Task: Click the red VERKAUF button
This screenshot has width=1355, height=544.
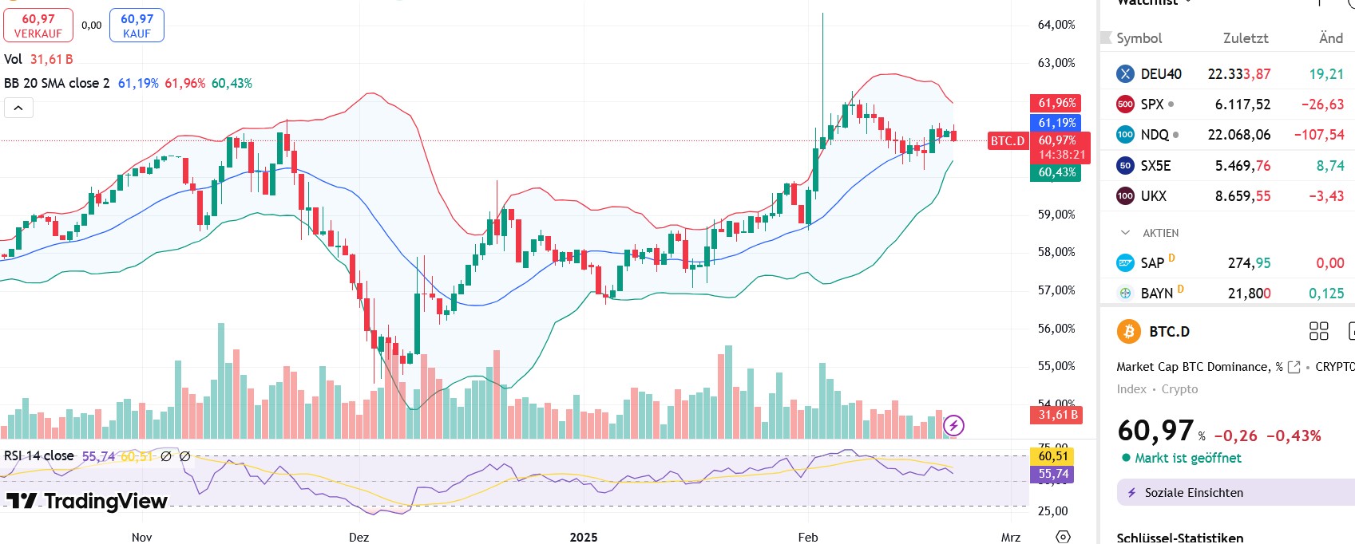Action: pos(38,26)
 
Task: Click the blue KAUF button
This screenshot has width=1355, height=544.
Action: pos(137,26)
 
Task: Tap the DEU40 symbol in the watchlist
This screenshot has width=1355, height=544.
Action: pos(1160,74)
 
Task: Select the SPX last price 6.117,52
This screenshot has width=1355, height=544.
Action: pos(1242,104)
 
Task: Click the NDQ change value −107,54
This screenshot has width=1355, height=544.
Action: pos(1319,135)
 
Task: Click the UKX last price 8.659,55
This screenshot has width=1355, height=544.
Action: pos(1242,196)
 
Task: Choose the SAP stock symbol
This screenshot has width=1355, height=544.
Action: pos(1151,263)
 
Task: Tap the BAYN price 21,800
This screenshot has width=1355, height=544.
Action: pos(1249,294)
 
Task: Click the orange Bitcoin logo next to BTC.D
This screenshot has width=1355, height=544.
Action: pos(1128,331)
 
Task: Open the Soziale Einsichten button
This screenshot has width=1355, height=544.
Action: pos(1193,493)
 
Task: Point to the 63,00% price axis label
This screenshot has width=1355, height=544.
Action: pos(1056,63)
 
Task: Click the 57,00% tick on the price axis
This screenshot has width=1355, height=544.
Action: pos(1056,290)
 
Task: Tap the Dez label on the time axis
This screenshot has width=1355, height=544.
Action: pos(359,537)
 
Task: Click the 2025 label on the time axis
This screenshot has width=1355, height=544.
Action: pos(584,537)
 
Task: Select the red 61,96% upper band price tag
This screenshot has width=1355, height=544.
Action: pos(1056,103)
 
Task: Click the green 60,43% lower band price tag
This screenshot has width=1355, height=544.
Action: pos(1056,172)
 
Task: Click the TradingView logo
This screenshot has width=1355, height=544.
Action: pos(88,501)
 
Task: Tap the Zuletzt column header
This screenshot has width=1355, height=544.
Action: pos(1246,38)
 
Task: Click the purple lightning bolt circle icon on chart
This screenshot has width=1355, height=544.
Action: pos(953,425)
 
